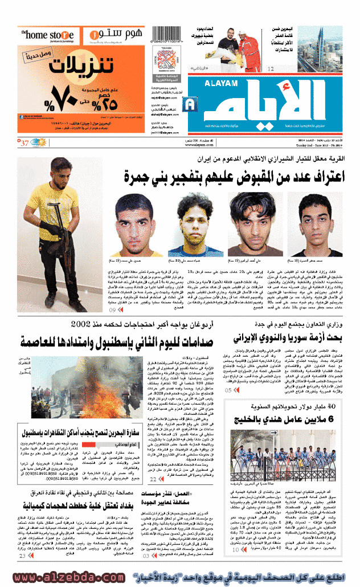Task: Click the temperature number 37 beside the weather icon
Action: [25, 142]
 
